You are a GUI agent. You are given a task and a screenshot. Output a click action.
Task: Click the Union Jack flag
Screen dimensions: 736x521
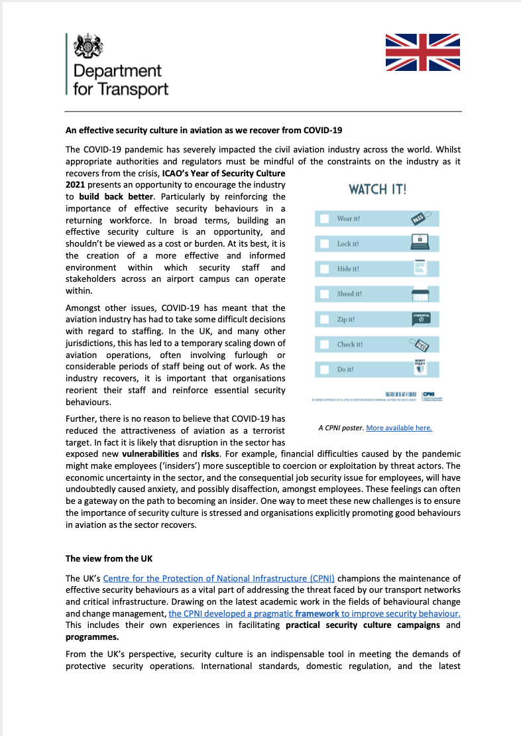[422, 52]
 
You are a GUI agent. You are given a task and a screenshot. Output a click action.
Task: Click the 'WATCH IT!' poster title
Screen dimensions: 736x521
[378, 190]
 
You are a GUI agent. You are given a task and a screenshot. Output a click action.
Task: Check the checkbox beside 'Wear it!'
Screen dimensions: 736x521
[324, 219]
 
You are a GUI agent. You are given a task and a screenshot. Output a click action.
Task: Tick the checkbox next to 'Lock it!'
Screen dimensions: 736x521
[324, 243]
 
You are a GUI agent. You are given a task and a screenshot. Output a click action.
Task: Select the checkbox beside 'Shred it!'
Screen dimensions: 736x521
[324, 294]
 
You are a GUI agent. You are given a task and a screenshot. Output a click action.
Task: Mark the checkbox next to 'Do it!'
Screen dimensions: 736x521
[324, 369]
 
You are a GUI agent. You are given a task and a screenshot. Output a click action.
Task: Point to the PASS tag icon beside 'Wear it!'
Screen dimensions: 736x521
[420, 218]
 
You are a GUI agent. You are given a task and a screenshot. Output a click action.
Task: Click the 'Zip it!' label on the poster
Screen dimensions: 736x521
[346, 320]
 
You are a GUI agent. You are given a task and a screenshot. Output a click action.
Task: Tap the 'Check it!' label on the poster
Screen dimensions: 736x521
[349, 345]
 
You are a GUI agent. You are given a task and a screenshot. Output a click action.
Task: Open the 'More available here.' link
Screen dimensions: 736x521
[399, 428]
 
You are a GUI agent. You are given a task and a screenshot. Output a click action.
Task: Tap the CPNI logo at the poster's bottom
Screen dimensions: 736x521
[432, 395]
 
